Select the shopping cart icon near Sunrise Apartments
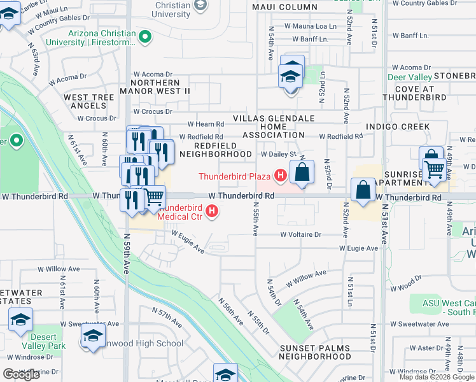coord(435,169)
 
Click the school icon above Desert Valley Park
coord(20,320)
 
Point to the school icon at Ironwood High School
coord(94,335)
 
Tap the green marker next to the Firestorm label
coord(146,37)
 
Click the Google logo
coord(21,374)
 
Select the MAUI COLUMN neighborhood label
coord(284,7)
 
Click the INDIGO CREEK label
coord(397,127)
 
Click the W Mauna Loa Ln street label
coord(310,26)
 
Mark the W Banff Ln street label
coord(315,39)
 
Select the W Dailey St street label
coord(279,154)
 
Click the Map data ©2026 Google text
coord(436,377)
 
